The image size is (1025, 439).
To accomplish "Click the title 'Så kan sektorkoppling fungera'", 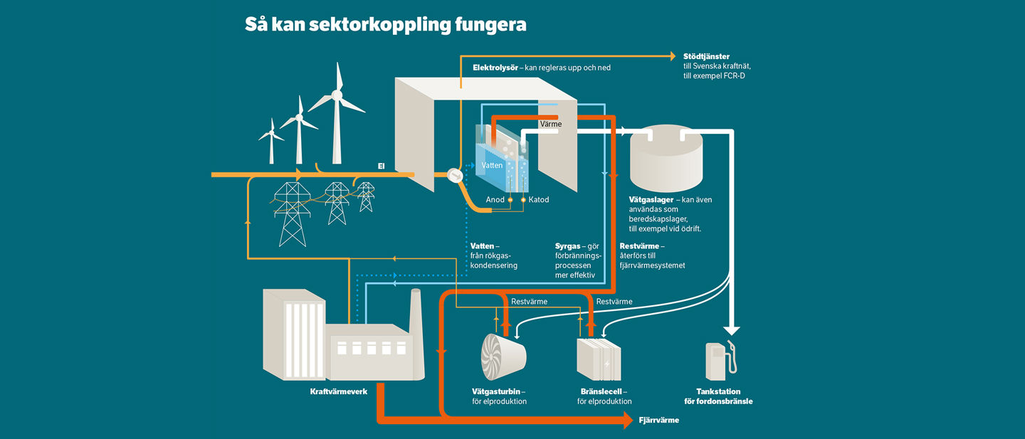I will [385, 25].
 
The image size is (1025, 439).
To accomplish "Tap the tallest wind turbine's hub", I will [337, 95].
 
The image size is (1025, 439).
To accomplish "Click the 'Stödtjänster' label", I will [706, 56].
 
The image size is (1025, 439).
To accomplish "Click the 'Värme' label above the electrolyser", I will [550, 125].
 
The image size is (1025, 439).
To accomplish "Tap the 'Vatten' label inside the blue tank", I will [492, 165].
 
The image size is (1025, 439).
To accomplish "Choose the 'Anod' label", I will [495, 200].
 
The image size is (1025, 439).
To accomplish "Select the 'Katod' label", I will [539, 200].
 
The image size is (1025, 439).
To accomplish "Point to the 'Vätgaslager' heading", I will [652, 200].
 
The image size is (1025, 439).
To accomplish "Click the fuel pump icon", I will [720, 361].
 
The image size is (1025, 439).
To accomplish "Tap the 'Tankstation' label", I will [718, 391].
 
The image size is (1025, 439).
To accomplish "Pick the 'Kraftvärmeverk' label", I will [339, 391].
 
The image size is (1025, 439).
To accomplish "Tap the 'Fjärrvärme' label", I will [659, 421].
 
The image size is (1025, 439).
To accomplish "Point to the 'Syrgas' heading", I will [567, 246].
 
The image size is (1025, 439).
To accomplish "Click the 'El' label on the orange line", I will [382, 166].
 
